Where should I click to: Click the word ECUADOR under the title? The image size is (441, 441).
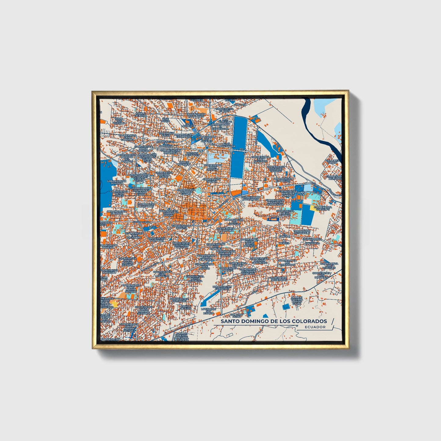point(315,327)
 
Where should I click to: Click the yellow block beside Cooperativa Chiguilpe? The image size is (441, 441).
point(314,208)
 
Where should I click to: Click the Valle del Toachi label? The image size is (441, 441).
point(332,162)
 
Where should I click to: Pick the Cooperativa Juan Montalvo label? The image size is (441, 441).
point(162,274)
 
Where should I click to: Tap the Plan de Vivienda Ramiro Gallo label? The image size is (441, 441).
point(297,300)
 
